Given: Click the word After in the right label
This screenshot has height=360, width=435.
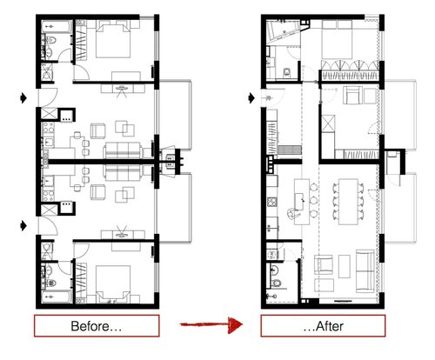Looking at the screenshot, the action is click(x=330, y=326).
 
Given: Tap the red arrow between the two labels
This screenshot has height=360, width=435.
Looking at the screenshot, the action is click(x=211, y=324).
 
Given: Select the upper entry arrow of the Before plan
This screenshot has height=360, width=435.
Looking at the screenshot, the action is click(x=23, y=98).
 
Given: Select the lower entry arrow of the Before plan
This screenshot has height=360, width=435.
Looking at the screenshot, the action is click(x=23, y=225).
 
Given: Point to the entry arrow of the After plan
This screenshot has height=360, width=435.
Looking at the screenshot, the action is click(x=251, y=98).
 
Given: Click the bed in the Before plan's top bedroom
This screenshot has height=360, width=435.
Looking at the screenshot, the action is click(x=113, y=41).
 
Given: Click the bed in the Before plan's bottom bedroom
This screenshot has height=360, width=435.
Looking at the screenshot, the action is click(x=113, y=283).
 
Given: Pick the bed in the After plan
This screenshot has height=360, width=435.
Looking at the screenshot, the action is click(x=338, y=39).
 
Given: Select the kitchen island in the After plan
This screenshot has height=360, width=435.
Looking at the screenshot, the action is click(x=302, y=202).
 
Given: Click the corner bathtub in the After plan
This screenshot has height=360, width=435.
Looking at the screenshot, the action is click(x=281, y=31).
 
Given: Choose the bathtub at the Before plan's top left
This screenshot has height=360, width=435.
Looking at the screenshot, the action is click(x=57, y=26).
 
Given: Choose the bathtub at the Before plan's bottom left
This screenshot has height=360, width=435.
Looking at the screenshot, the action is click(x=57, y=297).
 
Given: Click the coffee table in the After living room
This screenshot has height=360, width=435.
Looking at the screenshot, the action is click(x=345, y=266).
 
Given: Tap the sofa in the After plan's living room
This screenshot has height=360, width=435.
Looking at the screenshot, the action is click(x=365, y=271).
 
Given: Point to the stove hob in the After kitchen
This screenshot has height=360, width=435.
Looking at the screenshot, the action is click(x=272, y=202).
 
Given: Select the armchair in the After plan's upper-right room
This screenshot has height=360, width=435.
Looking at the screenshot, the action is click(x=353, y=95).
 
